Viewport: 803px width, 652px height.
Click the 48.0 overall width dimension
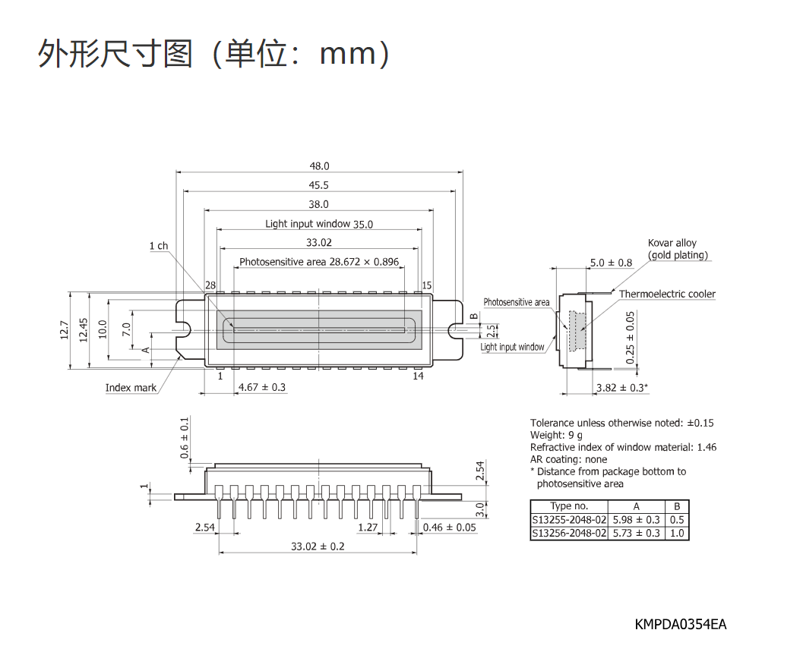click(x=319, y=165)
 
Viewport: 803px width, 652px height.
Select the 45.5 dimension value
click(x=318, y=185)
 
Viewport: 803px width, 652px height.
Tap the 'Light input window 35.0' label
click(x=319, y=224)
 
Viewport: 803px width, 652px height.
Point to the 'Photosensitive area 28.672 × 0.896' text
click(x=319, y=262)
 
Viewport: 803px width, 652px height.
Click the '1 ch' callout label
click(x=159, y=246)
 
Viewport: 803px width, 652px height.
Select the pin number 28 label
click(x=210, y=285)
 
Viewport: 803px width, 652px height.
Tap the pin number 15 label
click(x=427, y=285)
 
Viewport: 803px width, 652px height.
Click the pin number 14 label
click(x=419, y=376)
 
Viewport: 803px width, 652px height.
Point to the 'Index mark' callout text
click(x=131, y=387)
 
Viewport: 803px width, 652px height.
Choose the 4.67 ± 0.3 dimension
click(x=262, y=387)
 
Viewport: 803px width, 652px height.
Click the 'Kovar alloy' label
click(x=672, y=243)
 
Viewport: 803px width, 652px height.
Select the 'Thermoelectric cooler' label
click(x=667, y=294)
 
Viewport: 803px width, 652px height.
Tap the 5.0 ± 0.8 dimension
click(x=611, y=263)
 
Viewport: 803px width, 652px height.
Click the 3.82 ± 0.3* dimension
click(x=622, y=387)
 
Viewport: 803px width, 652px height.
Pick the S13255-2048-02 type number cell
click(x=569, y=519)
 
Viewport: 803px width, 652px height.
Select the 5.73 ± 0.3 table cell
click(x=636, y=533)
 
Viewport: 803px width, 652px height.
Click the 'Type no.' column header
click(x=569, y=506)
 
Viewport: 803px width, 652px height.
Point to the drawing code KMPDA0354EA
click(x=681, y=625)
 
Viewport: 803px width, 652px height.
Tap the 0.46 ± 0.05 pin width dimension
click(x=449, y=527)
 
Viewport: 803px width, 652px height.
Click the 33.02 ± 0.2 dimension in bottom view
click(x=318, y=546)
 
